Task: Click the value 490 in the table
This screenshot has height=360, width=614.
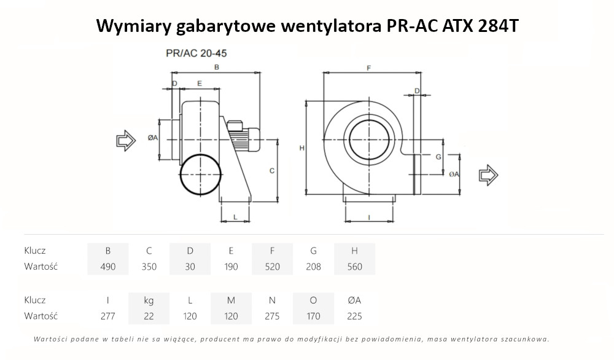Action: click(108, 267)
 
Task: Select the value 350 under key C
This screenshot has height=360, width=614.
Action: click(149, 267)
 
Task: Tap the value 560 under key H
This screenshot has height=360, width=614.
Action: click(354, 267)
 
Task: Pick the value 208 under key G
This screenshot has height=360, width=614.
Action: click(313, 267)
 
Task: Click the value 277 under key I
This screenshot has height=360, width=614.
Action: click(108, 316)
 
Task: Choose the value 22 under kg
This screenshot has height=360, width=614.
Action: click(149, 316)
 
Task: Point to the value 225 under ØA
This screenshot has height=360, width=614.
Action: click(354, 316)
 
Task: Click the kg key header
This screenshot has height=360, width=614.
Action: click(149, 300)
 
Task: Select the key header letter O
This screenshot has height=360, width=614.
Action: click(313, 300)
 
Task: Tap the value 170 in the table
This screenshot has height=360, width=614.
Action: click(313, 316)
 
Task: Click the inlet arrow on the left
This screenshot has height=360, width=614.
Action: click(126, 140)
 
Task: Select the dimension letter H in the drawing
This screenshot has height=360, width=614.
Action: click(301, 148)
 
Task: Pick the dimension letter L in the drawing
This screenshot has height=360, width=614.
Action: click(235, 217)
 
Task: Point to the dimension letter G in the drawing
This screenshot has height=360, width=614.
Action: click(438, 157)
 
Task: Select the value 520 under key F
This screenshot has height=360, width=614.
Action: click(272, 267)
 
